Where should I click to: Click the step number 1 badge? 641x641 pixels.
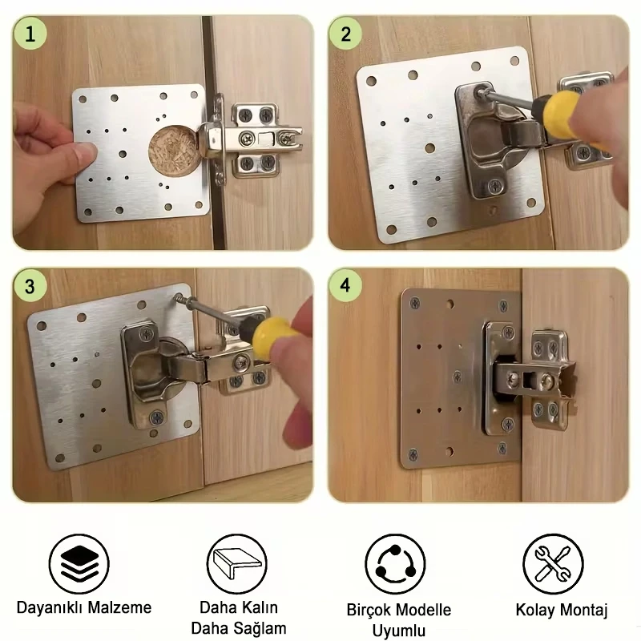(x=30, y=34)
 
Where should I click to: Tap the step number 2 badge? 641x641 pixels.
(x=345, y=34)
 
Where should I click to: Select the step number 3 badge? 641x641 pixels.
(x=30, y=286)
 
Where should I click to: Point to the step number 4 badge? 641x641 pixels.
(x=345, y=285)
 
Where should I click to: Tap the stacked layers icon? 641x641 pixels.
(x=79, y=564)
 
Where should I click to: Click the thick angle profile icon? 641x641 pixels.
(x=237, y=564)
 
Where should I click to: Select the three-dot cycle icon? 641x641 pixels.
(x=395, y=564)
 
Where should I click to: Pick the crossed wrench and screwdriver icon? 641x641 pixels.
(x=553, y=564)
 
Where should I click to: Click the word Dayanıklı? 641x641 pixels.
(x=50, y=607)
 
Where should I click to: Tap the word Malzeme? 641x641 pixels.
(x=119, y=607)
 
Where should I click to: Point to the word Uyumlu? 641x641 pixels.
(x=399, y=631)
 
